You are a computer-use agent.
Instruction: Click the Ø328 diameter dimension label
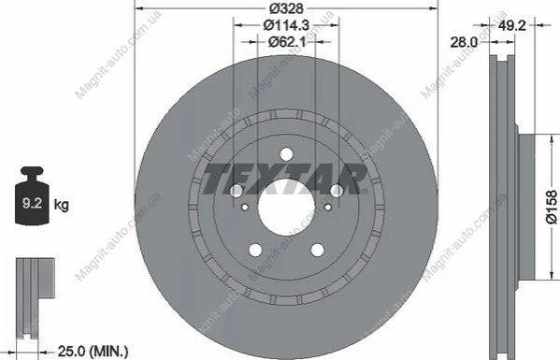[x=286, y=8]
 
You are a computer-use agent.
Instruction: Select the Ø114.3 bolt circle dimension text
[x=286, y=25]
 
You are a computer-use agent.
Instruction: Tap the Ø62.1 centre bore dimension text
[x=287, y=42]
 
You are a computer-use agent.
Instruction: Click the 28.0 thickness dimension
[x=464, y=42]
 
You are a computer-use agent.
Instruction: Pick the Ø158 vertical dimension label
[x=552, y=207]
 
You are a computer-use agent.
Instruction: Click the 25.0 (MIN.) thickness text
[x=93, y=352]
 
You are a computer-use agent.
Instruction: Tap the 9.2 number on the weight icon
[x=32, y=203]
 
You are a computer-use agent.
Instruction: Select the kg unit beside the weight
[x=61, y=205]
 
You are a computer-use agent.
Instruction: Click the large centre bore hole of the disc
[x=286, y=208]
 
